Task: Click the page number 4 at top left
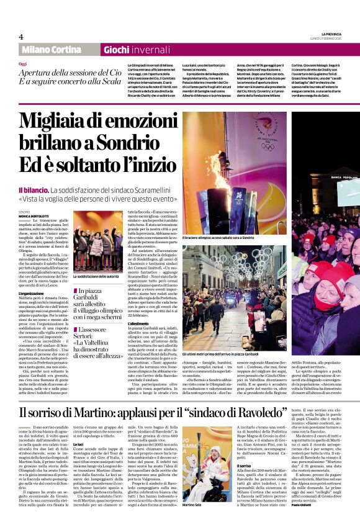[x=21, y=37]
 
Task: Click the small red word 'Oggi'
[x=23, y=64]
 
